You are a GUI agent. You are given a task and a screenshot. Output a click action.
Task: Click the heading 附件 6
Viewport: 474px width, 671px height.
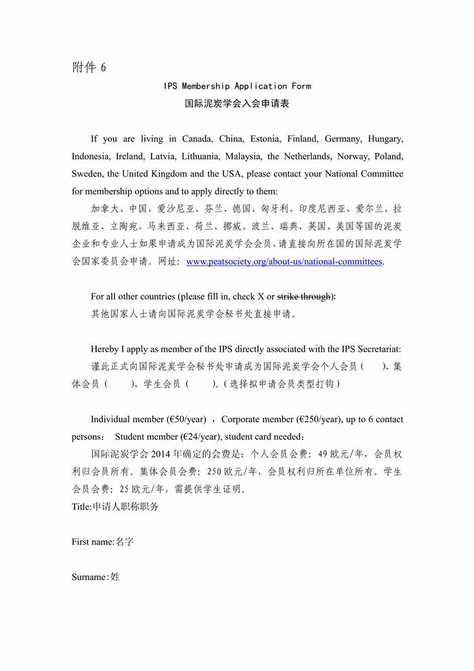click(89, 68)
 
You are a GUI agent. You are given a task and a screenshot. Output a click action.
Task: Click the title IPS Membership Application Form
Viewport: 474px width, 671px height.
click(237, 86)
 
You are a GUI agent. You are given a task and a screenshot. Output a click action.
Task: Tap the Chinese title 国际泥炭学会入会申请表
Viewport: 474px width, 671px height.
click(237, 104)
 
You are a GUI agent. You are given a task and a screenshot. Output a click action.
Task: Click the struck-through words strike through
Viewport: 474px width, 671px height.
click(305, 296)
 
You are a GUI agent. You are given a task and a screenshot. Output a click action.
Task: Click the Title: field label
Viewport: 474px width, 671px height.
click(81, 506)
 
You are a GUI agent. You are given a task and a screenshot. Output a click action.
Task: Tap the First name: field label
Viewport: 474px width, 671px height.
click(93, 542)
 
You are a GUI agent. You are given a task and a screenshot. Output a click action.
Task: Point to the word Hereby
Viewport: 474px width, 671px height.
click(106, 349)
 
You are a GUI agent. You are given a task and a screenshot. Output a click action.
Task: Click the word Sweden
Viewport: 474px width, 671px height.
click(87, 174)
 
